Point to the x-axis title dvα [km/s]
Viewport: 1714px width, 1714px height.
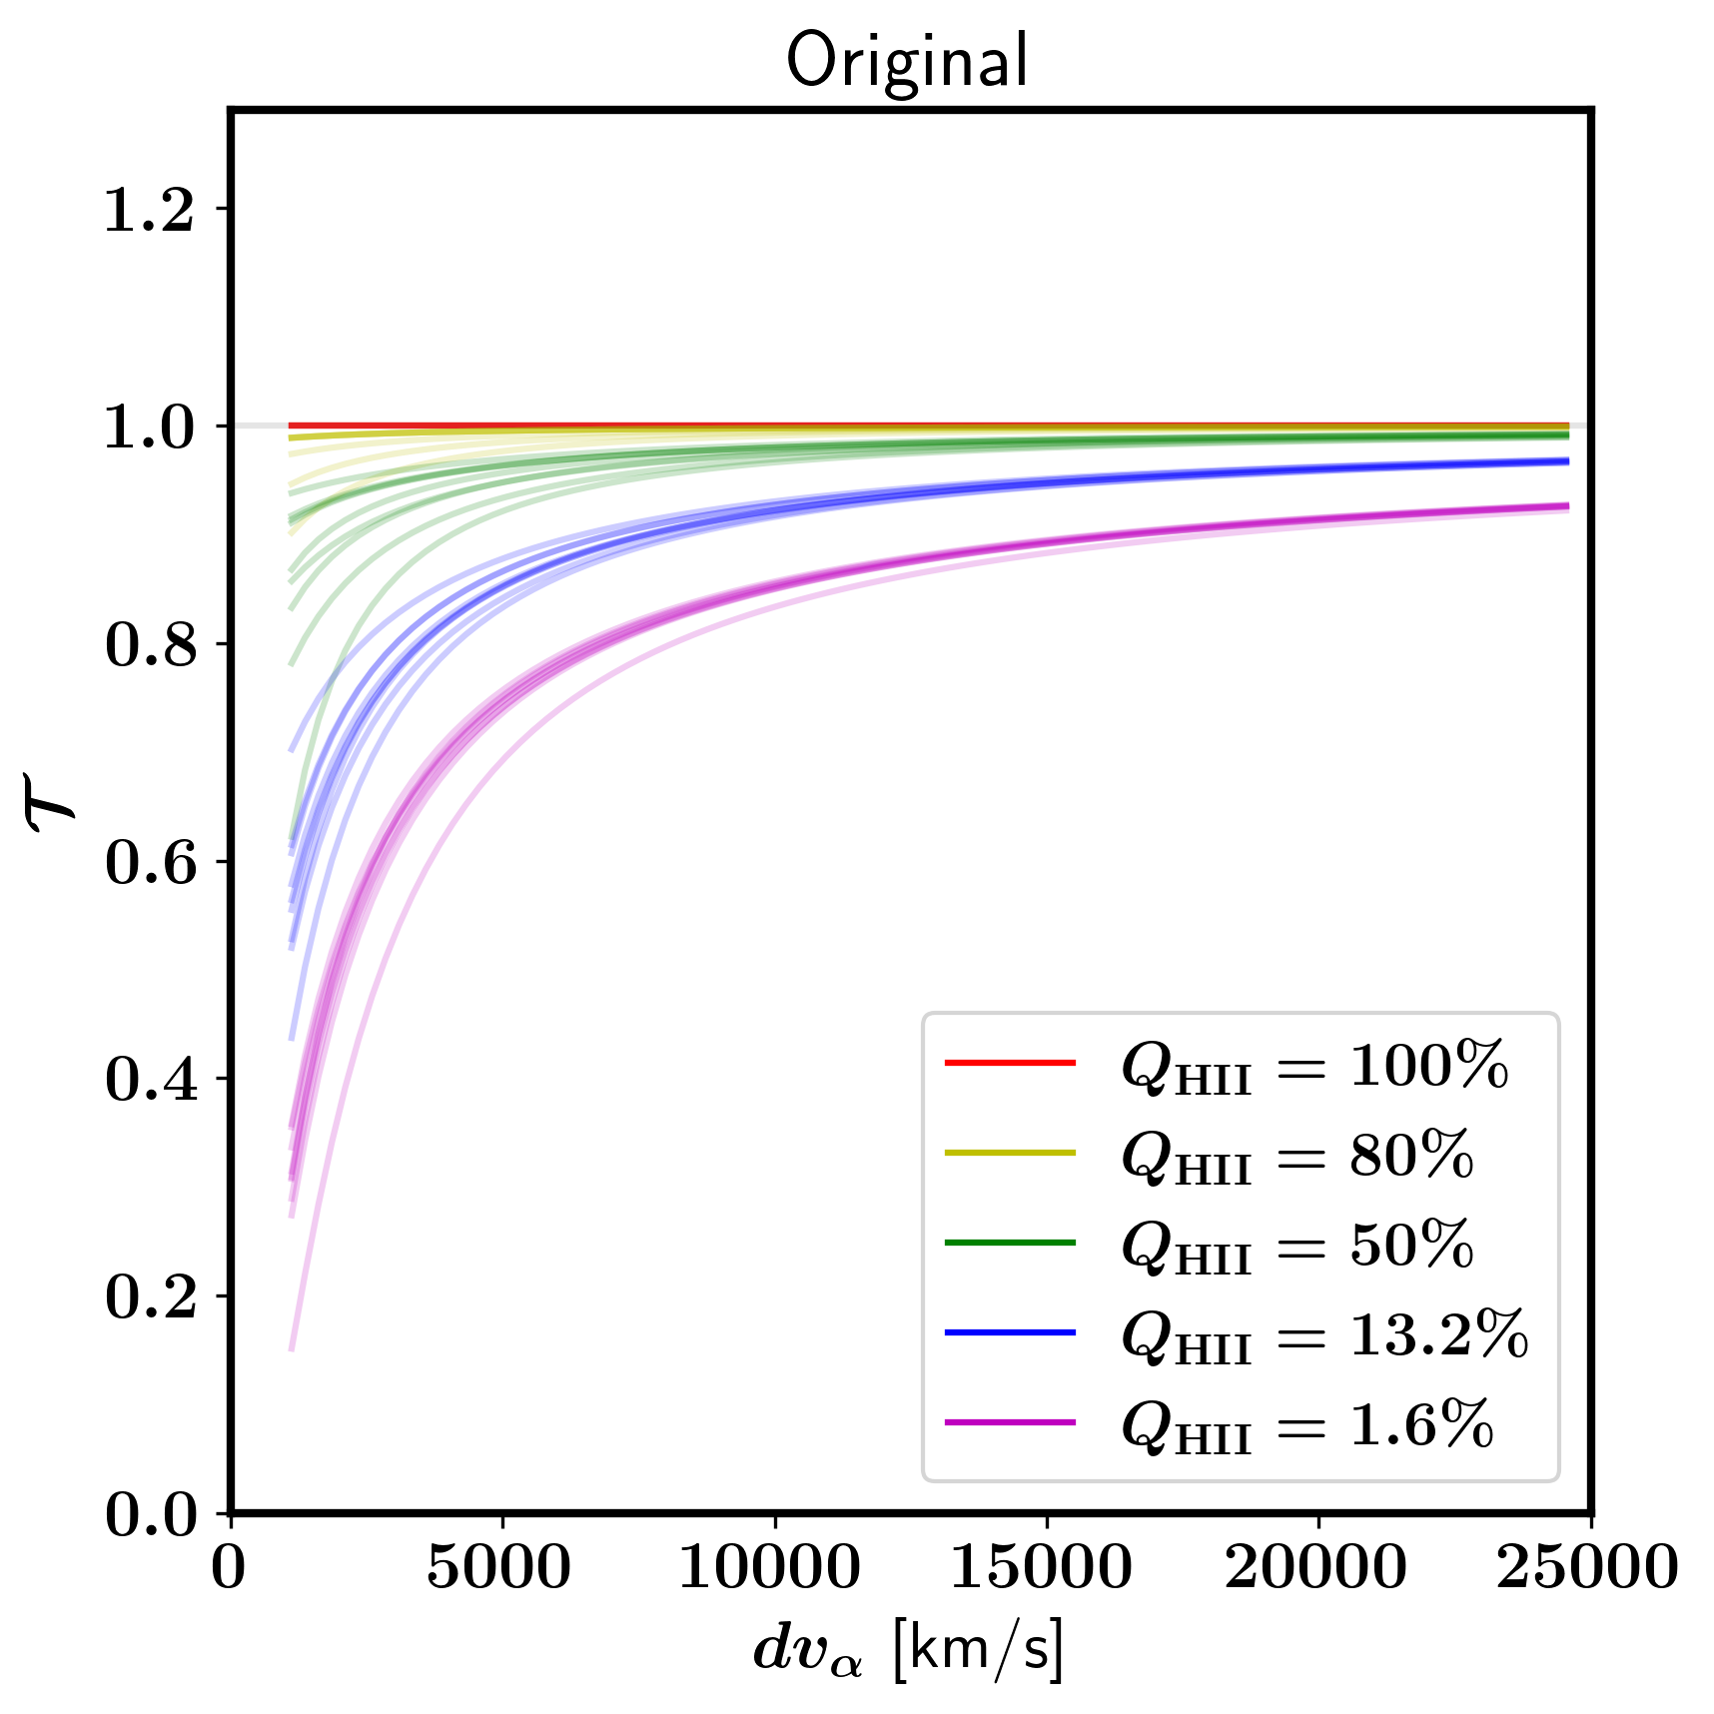tap(908, 1649)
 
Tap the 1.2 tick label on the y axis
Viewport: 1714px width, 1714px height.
tap(150, 210)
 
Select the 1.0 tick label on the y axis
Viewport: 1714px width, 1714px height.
tap(150, 428)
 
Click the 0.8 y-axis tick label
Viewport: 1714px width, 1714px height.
tap(150, 644)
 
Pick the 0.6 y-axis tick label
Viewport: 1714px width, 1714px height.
tap(150, 862)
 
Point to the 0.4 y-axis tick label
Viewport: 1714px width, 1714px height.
tap(150, 1080)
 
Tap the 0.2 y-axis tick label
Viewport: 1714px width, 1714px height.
tap(150, 1296)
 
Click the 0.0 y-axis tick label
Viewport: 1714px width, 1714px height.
tap(150, 1514)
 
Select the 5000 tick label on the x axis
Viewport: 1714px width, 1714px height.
tap(499, 1567)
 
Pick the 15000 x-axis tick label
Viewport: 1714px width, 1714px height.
tap(1042, 1567)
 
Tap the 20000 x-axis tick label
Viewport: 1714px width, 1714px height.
tap(1315, 1567)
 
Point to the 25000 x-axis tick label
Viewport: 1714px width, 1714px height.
tap(1587, 1567)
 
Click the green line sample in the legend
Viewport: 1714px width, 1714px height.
tap(1010, 1243)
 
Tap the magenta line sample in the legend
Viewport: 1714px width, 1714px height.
tap(1010, 1421)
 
